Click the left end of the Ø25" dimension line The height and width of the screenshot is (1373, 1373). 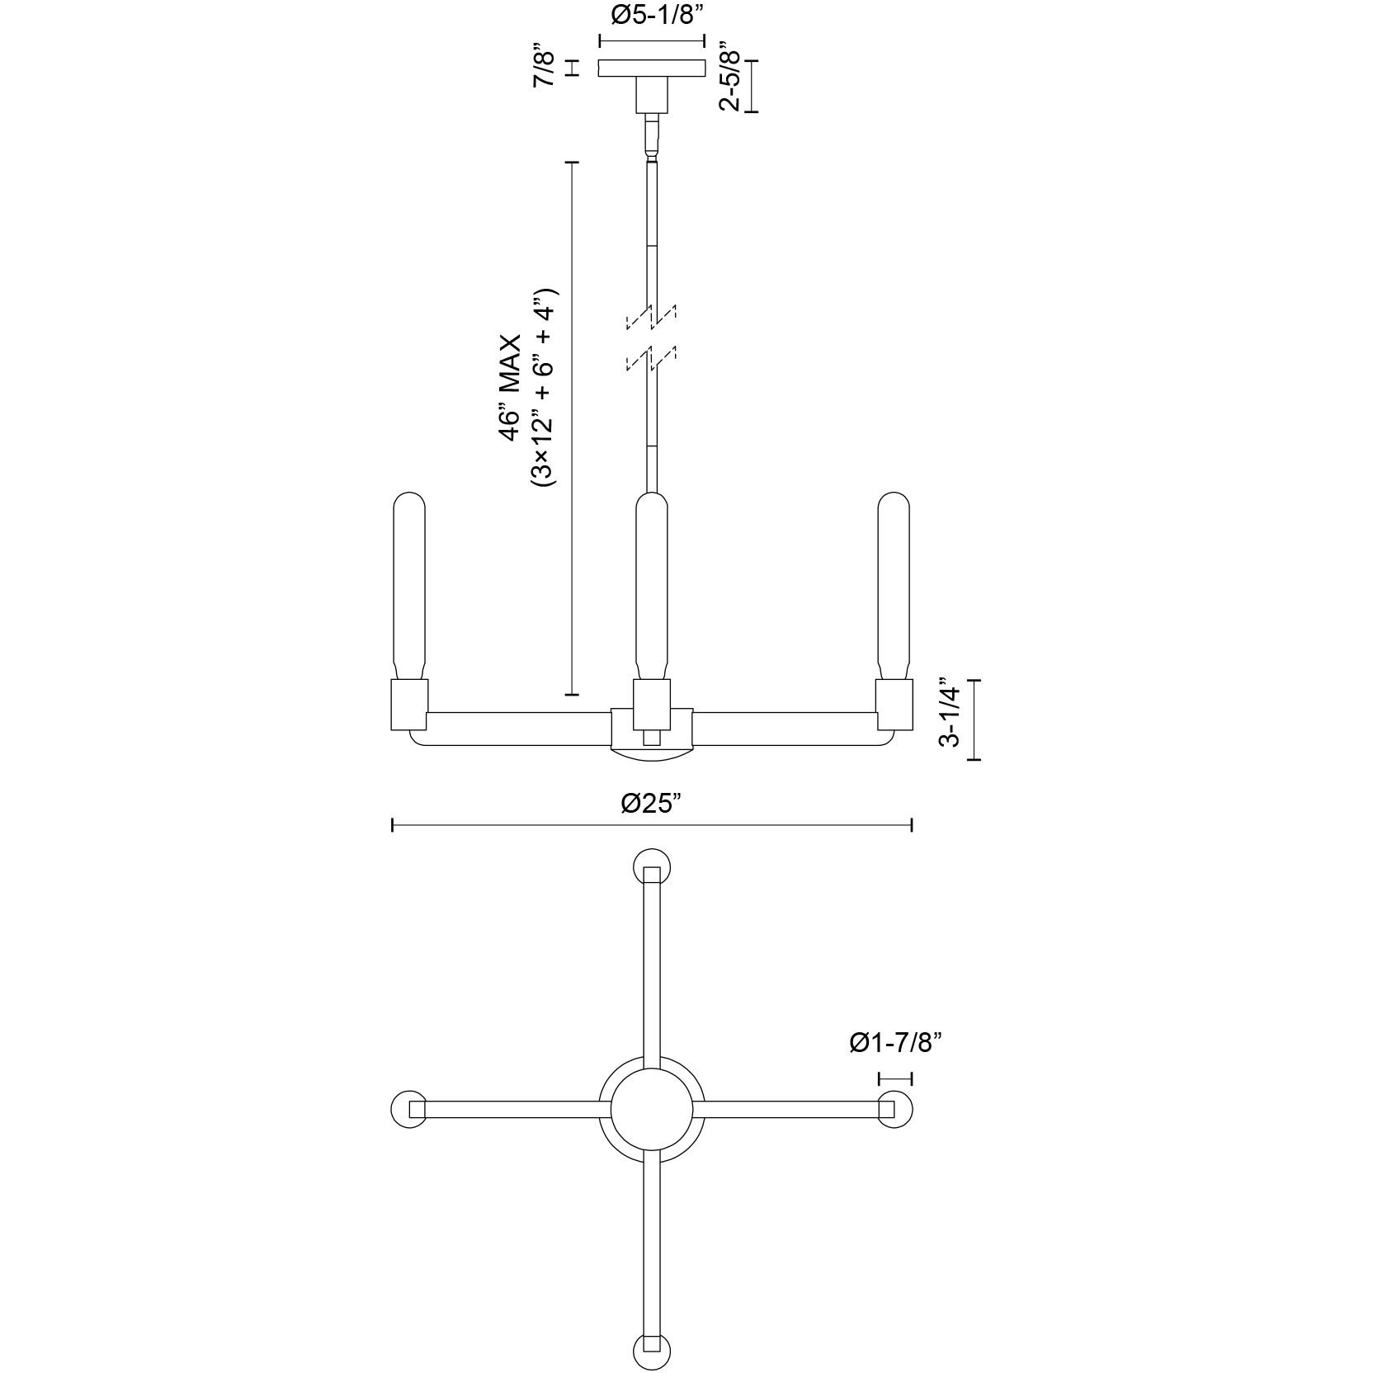(x=392, y=825)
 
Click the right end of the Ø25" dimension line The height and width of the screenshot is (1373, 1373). (x=911, y=825)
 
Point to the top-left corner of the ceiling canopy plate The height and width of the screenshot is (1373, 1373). (x=599, y=59)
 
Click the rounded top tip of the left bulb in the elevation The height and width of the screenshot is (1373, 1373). (x=411, y=493)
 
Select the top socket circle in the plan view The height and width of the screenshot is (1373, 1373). (x=652, y=867)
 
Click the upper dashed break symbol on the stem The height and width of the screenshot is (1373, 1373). (x=652, y=317)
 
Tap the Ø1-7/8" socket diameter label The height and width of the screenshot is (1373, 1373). (x=895, y=1044)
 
